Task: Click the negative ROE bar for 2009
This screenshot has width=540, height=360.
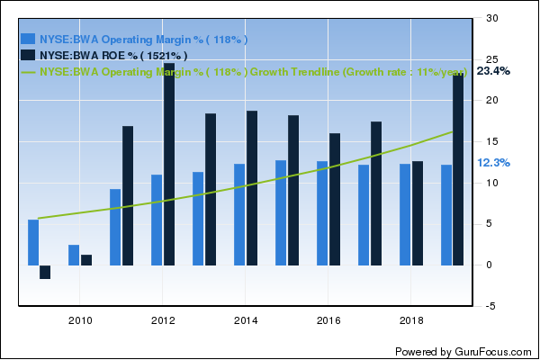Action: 45,272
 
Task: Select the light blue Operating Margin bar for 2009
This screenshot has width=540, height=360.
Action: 33,242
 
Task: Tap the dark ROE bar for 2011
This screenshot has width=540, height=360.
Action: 128,195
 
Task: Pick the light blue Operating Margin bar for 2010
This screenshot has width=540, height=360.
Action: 74,255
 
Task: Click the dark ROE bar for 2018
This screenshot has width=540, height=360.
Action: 418,212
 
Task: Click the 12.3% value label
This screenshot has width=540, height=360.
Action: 493,163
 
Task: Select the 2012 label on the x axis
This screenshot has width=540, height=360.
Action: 163,320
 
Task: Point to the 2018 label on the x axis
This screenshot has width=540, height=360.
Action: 410,320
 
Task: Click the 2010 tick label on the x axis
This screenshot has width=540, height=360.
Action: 80,320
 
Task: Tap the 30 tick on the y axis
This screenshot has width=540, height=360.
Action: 491,18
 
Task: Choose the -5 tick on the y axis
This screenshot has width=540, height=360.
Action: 491,306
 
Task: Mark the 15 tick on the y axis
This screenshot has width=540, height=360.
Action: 491,141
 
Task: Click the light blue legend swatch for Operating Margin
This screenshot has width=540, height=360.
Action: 28,40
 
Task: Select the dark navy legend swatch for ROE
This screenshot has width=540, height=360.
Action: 28,55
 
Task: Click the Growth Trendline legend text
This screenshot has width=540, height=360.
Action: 252,71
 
